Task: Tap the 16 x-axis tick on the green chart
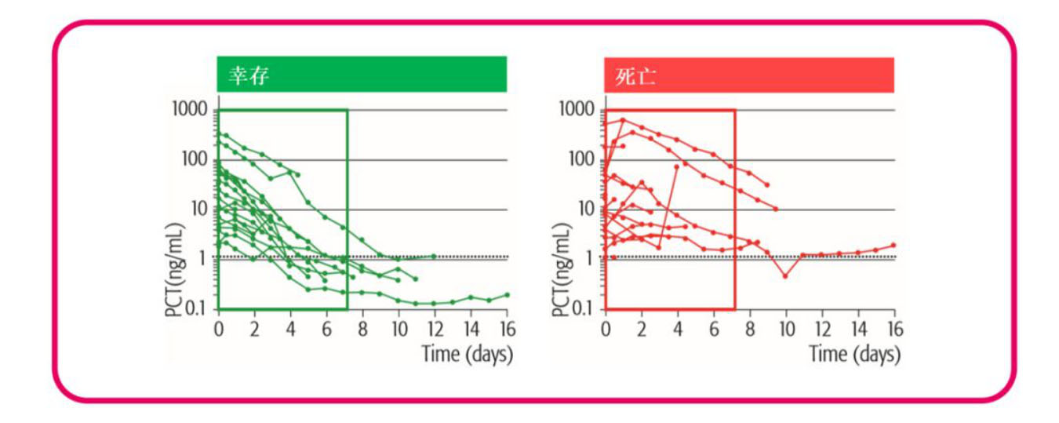(x=507, y=327)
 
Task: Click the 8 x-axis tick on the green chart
(x=362, y=327)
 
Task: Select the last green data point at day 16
(x=507, y=295)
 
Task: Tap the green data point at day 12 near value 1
(x=434, y=256)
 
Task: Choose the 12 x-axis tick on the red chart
(x=821, y=327)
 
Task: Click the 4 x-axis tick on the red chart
(x=677, y=327)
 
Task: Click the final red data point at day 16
(x=893, y=245)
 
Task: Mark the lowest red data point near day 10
(x=784, y=276)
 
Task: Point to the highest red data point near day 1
(x=623, y=120)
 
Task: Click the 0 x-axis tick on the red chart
(x=605, y=327)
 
